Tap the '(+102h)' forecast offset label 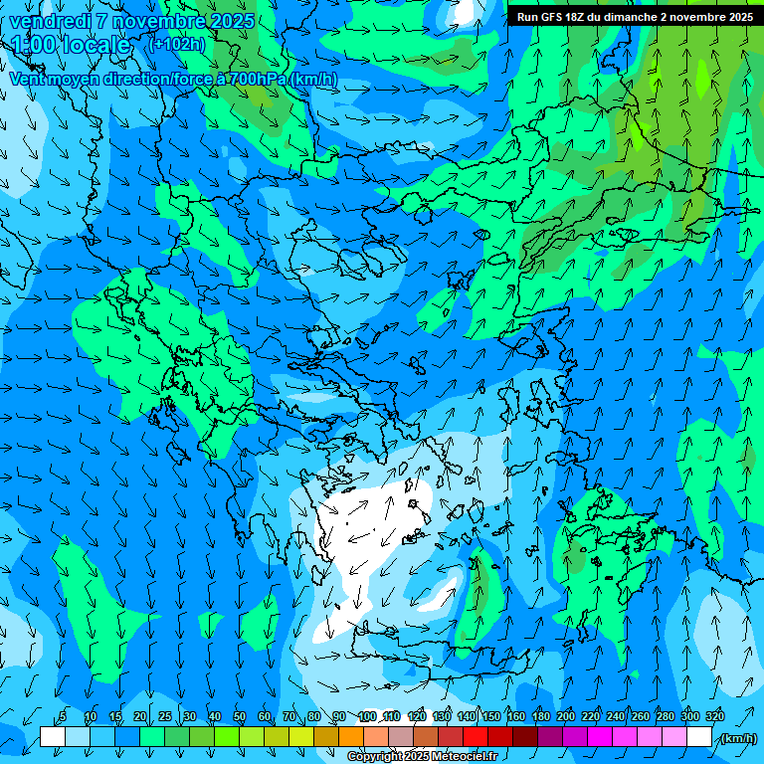pos(175,44)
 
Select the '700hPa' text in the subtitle pos(256,79)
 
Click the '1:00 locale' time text pos(71,45)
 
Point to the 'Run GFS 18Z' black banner pos(634,17)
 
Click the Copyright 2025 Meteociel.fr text pos(422,757)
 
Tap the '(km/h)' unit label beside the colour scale pos(737,738)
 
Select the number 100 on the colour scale pos(367,717)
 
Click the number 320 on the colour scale pos(715,717)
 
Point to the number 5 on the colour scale pos(63,717)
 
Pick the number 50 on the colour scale pos(240,717)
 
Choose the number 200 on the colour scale pos(566,717)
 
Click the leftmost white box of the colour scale pos(53,737)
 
